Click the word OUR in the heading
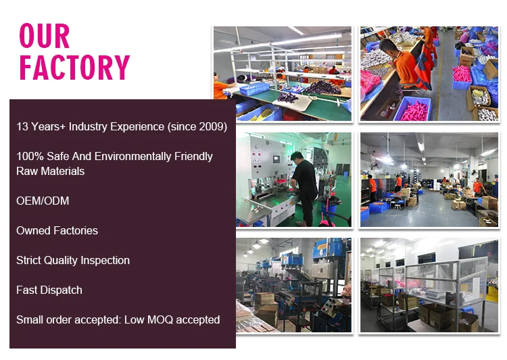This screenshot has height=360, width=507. [x=45, y=36]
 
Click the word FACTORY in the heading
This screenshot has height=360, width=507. [x=74, y=68]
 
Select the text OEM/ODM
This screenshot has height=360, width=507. [x=43, y=201]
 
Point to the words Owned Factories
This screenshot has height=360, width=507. [x=57, y=230]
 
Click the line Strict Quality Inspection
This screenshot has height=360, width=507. [x=73, y=261]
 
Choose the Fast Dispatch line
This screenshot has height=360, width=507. [x=49, y=290]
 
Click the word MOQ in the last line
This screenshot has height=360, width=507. [x=160, y=319]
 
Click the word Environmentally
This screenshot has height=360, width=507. [x=133, y=156]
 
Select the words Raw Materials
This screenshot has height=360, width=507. [x=51, y=171]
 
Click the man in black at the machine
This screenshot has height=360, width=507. [x=304, y=188]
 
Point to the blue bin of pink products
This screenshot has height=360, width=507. [x=412, y=108]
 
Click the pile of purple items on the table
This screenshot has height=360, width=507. [x=322, y=87]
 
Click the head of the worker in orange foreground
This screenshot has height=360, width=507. [x=387, y=46]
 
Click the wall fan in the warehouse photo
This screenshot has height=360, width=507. [x=375, y=166]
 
